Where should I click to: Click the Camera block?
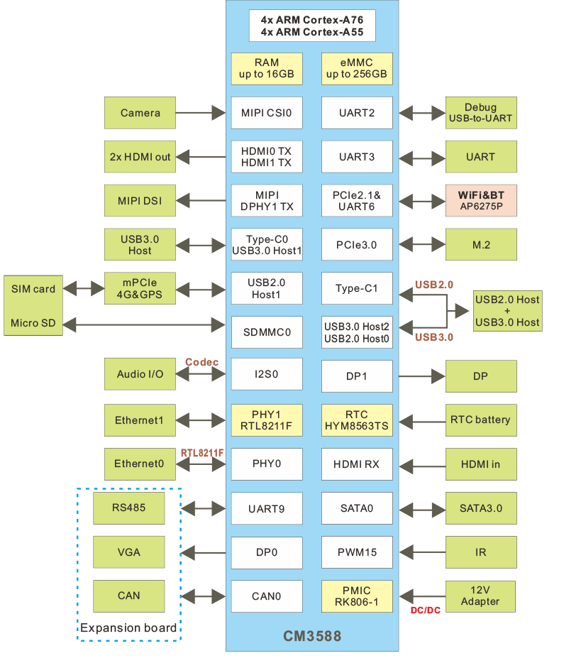140,113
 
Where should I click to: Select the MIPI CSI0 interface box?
267,113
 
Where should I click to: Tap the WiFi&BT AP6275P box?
480,201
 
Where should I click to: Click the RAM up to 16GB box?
267,69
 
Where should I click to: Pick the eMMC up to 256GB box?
357,69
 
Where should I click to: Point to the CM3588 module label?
312,636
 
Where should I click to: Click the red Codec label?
201,362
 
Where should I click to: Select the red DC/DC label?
426,610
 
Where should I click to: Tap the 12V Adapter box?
480,596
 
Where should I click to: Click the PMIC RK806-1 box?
357,596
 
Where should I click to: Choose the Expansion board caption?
128,628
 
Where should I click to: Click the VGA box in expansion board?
129,552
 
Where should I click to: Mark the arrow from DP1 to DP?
419,376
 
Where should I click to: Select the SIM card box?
33,289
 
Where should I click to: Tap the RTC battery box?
480,420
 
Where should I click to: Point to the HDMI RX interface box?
357,464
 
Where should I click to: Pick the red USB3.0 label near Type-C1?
433,336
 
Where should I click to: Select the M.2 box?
480,245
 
